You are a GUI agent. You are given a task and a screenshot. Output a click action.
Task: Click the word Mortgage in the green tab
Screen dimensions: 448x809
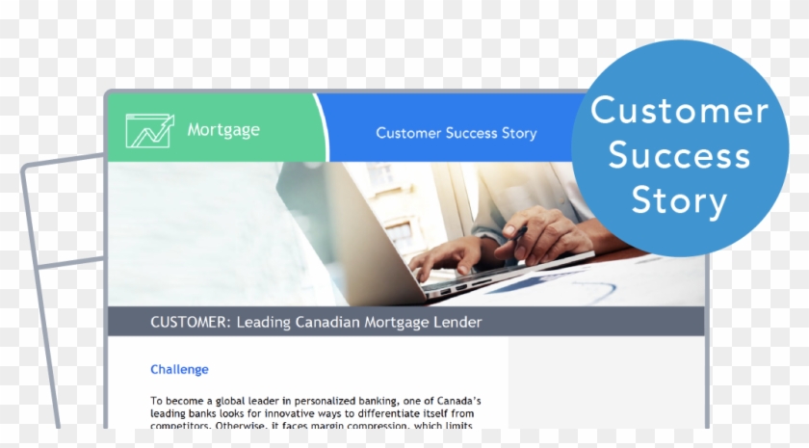tap(223, 129)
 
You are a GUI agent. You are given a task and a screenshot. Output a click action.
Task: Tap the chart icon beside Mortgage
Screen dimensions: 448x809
tap(149, 130)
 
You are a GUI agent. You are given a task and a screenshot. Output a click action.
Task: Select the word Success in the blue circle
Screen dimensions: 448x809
tap(679, 155)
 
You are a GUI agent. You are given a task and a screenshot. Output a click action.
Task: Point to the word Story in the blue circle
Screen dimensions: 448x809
tap(679, 200)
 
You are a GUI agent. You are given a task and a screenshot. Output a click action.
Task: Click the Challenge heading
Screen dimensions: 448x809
tap(179, 369)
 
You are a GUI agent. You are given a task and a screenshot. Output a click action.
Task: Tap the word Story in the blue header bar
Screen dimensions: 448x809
tap(519, 133)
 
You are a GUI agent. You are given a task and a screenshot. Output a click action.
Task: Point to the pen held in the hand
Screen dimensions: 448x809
tap(516, 235)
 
